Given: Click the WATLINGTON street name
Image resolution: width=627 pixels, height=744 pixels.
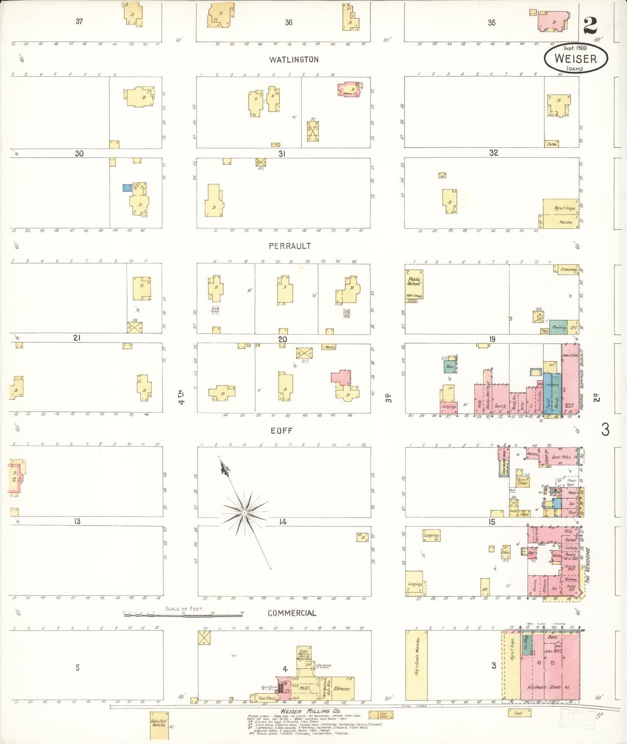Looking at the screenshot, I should pyautogui.click(x=294, y=59).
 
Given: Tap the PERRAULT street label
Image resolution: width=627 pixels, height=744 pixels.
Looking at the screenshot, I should pyautogui.click(x=289, y=246).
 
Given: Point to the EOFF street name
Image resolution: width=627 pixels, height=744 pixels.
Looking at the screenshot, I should pyautogui.click(x=282, y=431).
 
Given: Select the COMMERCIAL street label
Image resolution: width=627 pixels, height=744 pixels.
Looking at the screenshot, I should pyautogui.click(x=292, y=613).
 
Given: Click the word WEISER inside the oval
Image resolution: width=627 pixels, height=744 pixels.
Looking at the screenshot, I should pyautogui.click(x=575, y=59).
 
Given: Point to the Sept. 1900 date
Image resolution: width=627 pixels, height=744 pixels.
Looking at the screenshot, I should pyautogui.click(x=575, y=48).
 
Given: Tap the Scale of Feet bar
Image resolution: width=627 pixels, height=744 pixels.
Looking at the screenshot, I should pyautogui.click(x=183, y=614).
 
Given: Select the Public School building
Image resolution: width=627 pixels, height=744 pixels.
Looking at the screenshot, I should pyautogui.click(x=414, y=284).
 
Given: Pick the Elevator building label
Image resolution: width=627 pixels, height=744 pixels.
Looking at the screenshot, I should pyautogui.click(x=342, y=688).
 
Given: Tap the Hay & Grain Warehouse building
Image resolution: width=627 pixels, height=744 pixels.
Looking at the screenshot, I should pyautogui.click(x=416, y=664).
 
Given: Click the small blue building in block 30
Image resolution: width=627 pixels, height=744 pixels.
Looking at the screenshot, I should pyautogui.click(x=127, y=188).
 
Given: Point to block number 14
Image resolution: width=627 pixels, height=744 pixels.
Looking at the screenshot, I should pyautogui.click(x=283, y=522).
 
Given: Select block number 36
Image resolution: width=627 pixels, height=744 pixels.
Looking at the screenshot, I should pyautogui.click(x=289, y=22).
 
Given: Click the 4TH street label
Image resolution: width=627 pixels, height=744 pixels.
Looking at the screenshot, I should pyautogui.click(x=183, y=397).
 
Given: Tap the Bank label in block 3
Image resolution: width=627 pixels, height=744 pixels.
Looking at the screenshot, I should pyautogui.click(x=552, y=637).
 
